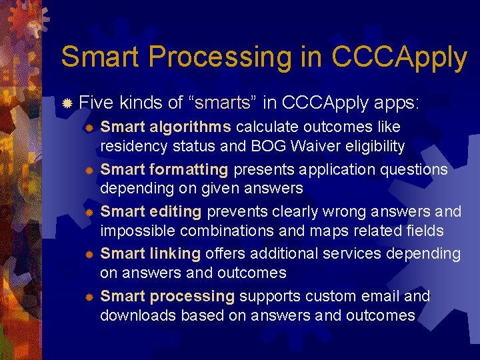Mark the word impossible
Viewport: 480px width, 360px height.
coord(135,231)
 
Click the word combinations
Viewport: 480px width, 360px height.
coord(221,231)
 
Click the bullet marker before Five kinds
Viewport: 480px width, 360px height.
coord(67,104)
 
